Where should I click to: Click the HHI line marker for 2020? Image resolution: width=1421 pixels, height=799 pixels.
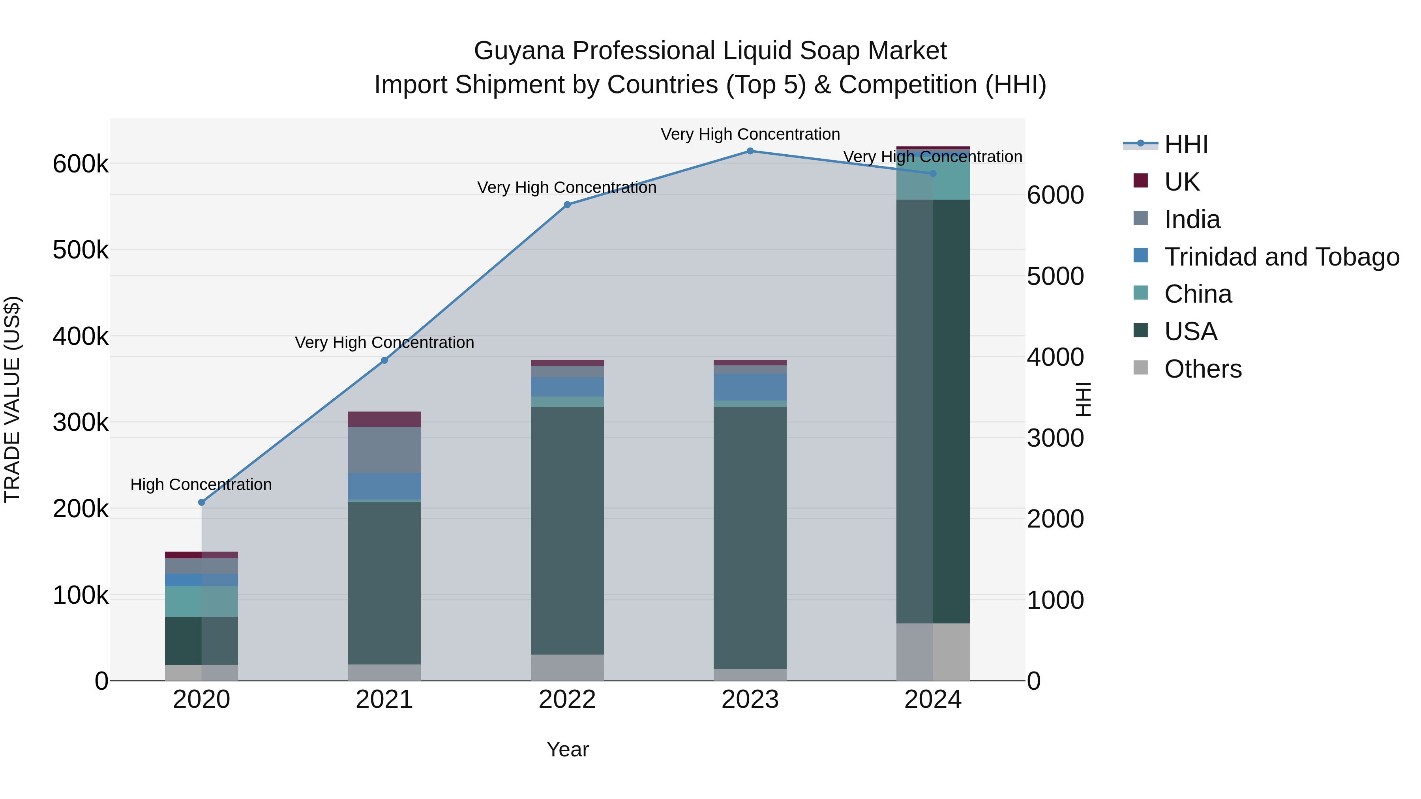tap(201, 502)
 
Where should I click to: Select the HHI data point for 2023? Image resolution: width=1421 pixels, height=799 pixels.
tap(750, 151)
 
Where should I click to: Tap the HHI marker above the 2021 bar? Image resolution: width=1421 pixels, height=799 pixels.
tap(384, 361)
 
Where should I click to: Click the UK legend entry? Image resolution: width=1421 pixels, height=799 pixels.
tap(1181, 182)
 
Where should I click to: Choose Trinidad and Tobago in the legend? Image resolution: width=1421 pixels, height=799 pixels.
tap(1281, 256)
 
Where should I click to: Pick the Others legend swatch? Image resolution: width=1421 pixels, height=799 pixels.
tap(1140, 368)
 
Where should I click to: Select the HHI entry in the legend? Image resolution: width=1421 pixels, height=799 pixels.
tap(1186, 144)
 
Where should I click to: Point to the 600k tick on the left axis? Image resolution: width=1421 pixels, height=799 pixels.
tap(81, 164)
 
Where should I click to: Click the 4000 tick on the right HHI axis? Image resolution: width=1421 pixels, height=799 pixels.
tap(1055, 357)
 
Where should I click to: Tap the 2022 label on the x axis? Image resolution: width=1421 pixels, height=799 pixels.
tap(567, 700)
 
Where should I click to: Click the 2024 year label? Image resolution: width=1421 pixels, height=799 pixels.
tap(933, 700)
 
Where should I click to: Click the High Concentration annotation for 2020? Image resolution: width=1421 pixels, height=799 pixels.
tap(201, 485)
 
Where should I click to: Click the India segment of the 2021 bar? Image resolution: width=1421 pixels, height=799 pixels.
tap(384, 449)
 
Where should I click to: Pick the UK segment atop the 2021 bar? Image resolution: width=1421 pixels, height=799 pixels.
tap(384, 419)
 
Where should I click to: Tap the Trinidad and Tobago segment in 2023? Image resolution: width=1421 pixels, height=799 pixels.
tap(750, 387)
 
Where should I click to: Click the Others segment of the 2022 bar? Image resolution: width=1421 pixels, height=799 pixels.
tap(567, 667)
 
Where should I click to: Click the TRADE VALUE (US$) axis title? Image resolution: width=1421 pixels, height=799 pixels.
tap(12, 399)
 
